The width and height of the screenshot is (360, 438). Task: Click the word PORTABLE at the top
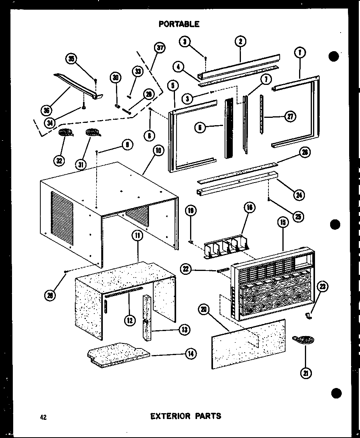coord(179,24)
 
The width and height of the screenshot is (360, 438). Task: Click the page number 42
coord(43,417)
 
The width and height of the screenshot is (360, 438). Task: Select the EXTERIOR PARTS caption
coord(186,416)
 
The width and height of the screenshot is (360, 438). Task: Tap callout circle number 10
coord(159,150)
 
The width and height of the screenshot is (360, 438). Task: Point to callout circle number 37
coord(159,48)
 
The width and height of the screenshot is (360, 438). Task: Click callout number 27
coord(290,116)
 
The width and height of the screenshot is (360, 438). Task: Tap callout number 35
coord(71,59)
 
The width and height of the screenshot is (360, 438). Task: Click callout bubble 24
coord(298,195)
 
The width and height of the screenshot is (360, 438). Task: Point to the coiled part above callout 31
coord(92,133)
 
